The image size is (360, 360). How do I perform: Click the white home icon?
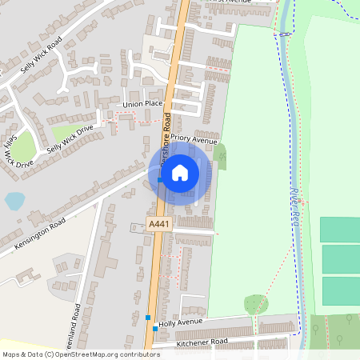tap(180, 172)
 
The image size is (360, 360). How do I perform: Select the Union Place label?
tap(143, 105)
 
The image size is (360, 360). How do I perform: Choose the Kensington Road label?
tap(39, 231)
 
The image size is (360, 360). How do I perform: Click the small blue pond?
tap(14, 201)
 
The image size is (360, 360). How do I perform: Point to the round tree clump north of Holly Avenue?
tap(255, 304)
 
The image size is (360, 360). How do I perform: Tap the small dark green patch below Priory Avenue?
tap(220, 154)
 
